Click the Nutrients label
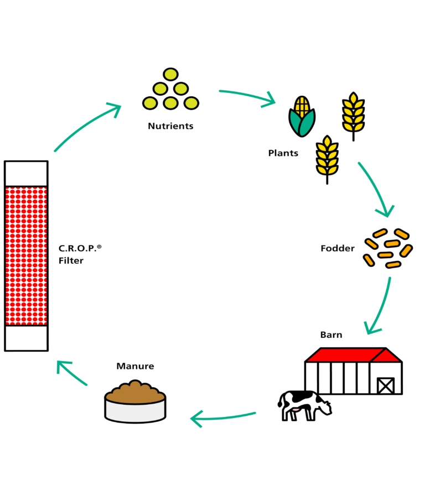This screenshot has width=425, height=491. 170,126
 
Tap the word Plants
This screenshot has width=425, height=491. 283,153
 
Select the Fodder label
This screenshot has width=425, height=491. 338,248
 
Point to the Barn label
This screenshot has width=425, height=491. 331,335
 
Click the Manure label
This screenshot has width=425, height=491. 135,366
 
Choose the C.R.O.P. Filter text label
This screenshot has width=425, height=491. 80,254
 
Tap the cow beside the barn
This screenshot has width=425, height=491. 302,404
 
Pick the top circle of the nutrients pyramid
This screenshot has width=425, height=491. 170,75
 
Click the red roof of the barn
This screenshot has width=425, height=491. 349,355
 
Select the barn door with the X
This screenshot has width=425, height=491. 385,385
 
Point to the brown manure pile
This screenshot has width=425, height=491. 135,391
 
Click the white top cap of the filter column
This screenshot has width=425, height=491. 26,173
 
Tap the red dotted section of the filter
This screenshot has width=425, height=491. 26,255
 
